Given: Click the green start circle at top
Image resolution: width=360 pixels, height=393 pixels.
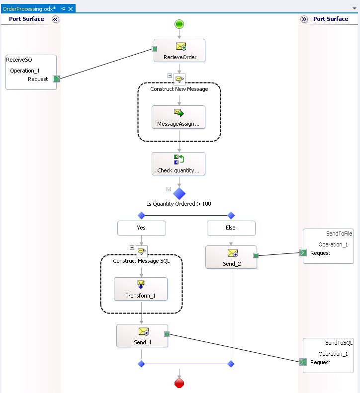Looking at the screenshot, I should (180, 24).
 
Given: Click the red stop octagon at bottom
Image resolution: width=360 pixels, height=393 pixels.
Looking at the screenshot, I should (180, 383).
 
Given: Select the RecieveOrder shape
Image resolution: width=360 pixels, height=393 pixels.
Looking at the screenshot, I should (180, 51).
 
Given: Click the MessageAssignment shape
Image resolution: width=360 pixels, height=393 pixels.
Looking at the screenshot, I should (178, 117).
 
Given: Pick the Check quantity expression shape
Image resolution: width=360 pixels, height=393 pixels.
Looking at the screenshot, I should (179, 164).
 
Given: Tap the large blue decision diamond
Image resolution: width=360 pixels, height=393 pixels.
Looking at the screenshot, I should (180, 193).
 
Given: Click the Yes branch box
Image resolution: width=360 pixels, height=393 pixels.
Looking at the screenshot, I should (142, 228).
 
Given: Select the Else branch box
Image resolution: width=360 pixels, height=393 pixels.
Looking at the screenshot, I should (231, 228).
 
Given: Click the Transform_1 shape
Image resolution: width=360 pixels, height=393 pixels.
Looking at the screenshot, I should (141, 289).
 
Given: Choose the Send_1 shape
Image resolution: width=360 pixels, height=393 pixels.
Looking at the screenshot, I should (142, 336).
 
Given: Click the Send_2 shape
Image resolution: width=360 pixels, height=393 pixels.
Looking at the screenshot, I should (231, 257).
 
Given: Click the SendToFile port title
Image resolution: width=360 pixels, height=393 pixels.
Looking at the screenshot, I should (339, 234).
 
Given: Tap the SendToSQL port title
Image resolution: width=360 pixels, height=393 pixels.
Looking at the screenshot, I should (339, 343).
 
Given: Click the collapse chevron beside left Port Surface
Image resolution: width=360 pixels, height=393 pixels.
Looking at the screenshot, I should (55, 19).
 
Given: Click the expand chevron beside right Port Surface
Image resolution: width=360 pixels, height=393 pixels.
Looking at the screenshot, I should (304, 19).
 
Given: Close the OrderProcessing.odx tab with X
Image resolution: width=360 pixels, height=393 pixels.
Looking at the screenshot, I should (71, 9).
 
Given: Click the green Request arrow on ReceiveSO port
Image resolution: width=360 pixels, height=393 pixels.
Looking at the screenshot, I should (56, 79).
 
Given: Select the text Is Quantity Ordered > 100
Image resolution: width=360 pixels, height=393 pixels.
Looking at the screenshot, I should (179, 204).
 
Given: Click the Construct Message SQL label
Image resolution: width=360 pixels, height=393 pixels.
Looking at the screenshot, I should (141, 261).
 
